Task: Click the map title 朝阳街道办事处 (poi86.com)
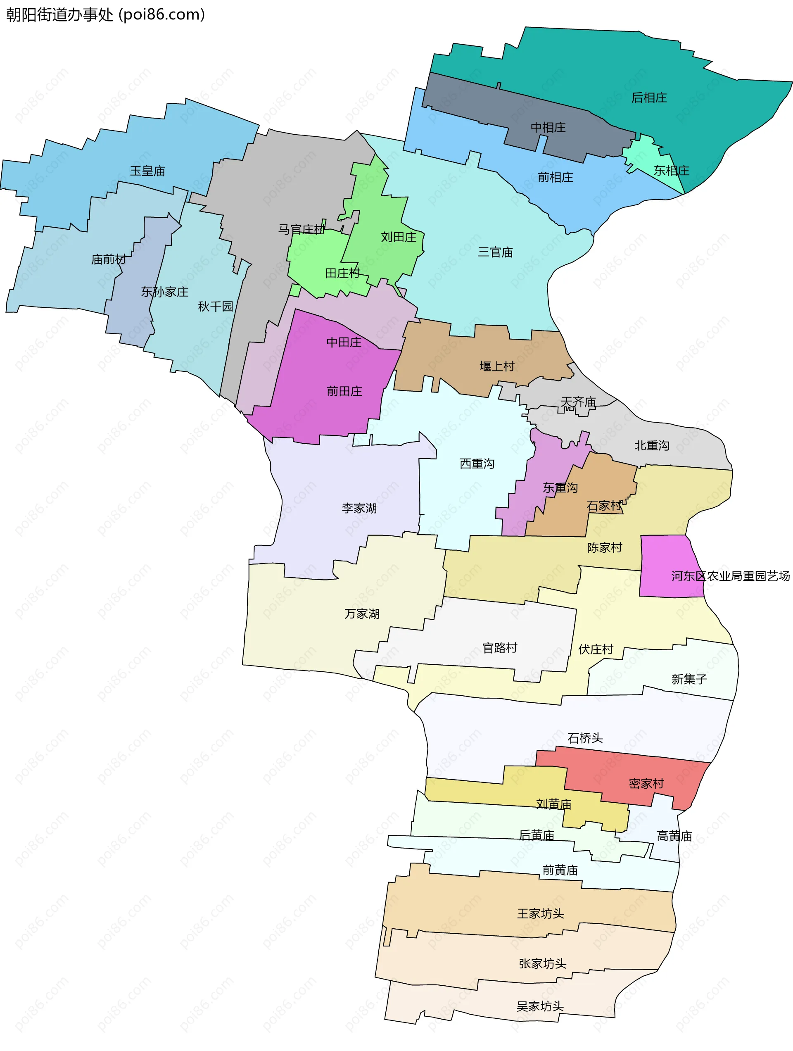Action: pos(105,15)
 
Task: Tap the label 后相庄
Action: pos(648,98)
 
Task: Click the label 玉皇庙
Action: pos(147,171)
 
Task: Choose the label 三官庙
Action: pos(495,252)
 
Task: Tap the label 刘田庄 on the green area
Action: pos(398,237)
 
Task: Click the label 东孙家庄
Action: pos(164,292)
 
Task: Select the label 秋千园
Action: pos(215,307)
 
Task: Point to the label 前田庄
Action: pos(344,391)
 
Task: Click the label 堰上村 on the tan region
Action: pos(496,366)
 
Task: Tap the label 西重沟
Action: pos(477,464)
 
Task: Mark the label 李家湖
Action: pos(359,509)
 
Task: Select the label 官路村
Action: pos(499,648)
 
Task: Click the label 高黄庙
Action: pos(674,836)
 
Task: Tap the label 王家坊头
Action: pos(540,914)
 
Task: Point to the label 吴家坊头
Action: pos(540,1006)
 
